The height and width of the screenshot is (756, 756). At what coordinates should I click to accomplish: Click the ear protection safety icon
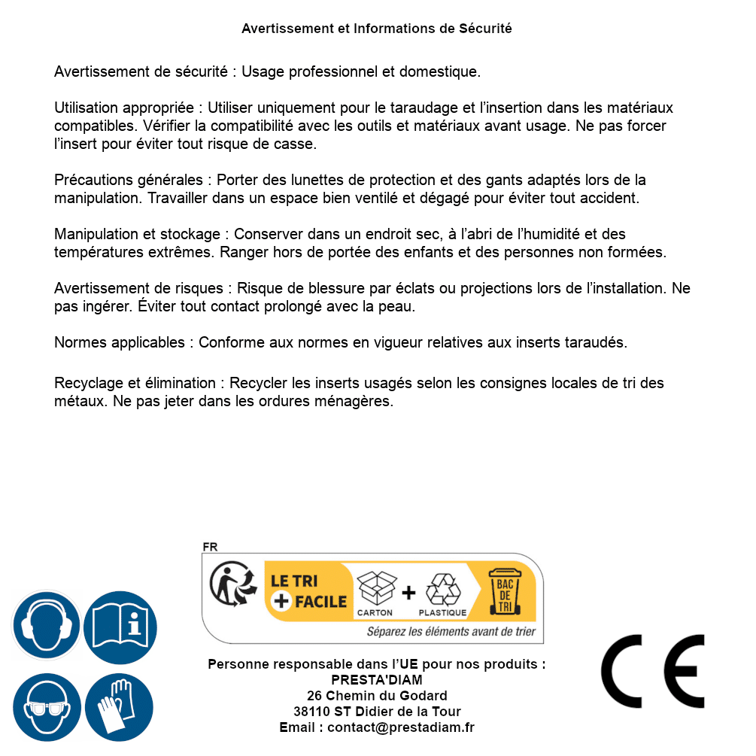tap(47, 626)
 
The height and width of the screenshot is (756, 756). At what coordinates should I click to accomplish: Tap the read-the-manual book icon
tap(120, 626)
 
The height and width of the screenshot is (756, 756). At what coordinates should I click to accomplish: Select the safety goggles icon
tap(47, 708)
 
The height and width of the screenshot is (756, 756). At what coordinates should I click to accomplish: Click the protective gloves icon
tap(120, 708)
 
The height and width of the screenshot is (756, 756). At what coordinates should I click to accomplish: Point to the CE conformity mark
tap(652, 671)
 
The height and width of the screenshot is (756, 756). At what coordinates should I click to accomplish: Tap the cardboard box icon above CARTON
tap(375, 587)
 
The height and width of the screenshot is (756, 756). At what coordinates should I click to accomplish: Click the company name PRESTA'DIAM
tap(377, 680)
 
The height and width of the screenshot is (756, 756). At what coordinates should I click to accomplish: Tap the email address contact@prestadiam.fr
tap(401, 727)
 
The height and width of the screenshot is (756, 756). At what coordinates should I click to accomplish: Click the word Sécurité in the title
tap(485, 29)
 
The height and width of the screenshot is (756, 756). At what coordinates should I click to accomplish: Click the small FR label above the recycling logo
tap(210, 547)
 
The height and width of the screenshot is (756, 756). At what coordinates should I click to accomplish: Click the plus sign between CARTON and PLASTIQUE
tap(408, 592)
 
